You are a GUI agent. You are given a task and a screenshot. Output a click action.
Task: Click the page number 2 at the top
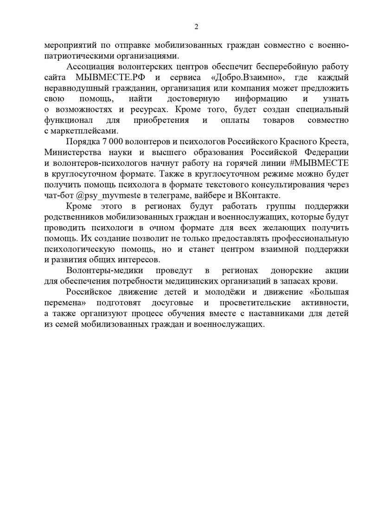[x=196, y=26]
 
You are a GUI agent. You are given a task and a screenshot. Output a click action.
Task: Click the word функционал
[x=66, y=120]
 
